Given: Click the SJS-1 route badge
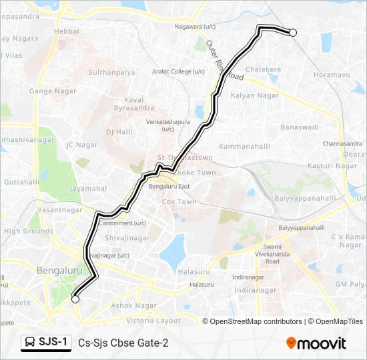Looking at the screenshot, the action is tap(45, 343).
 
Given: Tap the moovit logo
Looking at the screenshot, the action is tap(316, 343).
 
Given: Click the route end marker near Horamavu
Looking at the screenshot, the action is tap(292, 32).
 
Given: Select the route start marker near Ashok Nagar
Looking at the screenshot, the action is tap(75, 299).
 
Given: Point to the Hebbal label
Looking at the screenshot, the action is tap(66, 31).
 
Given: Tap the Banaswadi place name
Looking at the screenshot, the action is tap(300, 126).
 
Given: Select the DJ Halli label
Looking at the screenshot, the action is tap(119, 132).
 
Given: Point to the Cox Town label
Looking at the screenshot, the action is tap(179, 201).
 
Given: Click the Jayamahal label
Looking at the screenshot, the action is tap(87, 189).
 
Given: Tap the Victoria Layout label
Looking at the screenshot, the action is tap(153, 320).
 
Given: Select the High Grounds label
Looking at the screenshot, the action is tap(28, 231).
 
